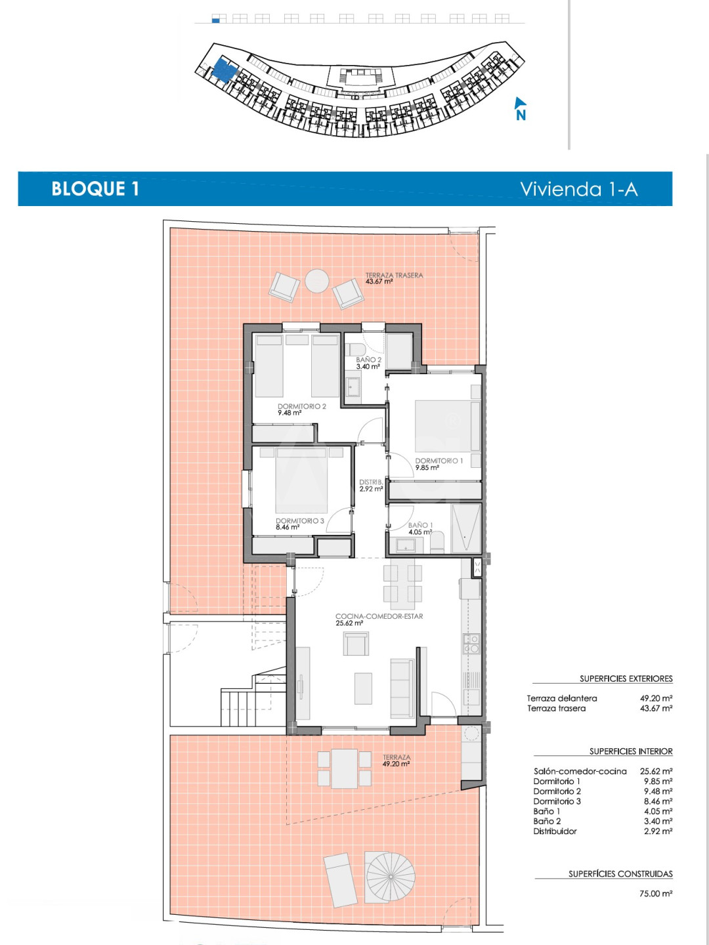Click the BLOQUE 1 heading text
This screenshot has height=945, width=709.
pyautogui.click(x=95, y=188)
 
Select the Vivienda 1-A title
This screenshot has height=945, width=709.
pyautogui.click(x=578, y=189)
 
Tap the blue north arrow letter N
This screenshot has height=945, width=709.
pyautogui.click(x=521, y=115)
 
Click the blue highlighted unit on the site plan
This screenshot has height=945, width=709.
pyautogui.click(x=225, y=71)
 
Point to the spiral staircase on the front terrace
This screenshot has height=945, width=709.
pyautogui.click(x=390, y=877)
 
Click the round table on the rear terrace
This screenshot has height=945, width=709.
pyautogui.click(x=317, y=281)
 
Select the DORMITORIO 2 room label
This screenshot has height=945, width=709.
pyautogui.click(x=302, y=406)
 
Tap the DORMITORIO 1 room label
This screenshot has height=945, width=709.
pyautogui.click(x=439, y=461)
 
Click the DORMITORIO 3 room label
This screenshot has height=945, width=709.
pyautogui.click(x=299, y=520)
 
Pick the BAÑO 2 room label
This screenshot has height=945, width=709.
pyautogui.click(x=368, y=360)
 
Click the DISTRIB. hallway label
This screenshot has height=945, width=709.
pyautogui.click(x=371, y=482)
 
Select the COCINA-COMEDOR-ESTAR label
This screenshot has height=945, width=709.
pyautogui.click(x=379, y=616)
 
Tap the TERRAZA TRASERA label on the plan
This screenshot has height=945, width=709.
pyautogui.click(x=395, y=275)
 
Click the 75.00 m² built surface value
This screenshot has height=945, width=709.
pyautogui.click(x=656, y=893)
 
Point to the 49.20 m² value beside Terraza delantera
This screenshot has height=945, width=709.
pyautogui.click(x=656, y=698)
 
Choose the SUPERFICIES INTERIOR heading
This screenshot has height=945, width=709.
pyautogui.click(x=631, y=751)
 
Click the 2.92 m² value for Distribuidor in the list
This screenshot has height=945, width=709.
pyautogui.click(x=658, y=831)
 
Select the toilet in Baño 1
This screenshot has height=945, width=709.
pyautogui.click(x=437, y=543)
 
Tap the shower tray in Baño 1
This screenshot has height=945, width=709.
pyautogui.click(x=466, y=528)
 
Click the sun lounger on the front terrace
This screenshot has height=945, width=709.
pyautogui.click(x=341, y=881)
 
